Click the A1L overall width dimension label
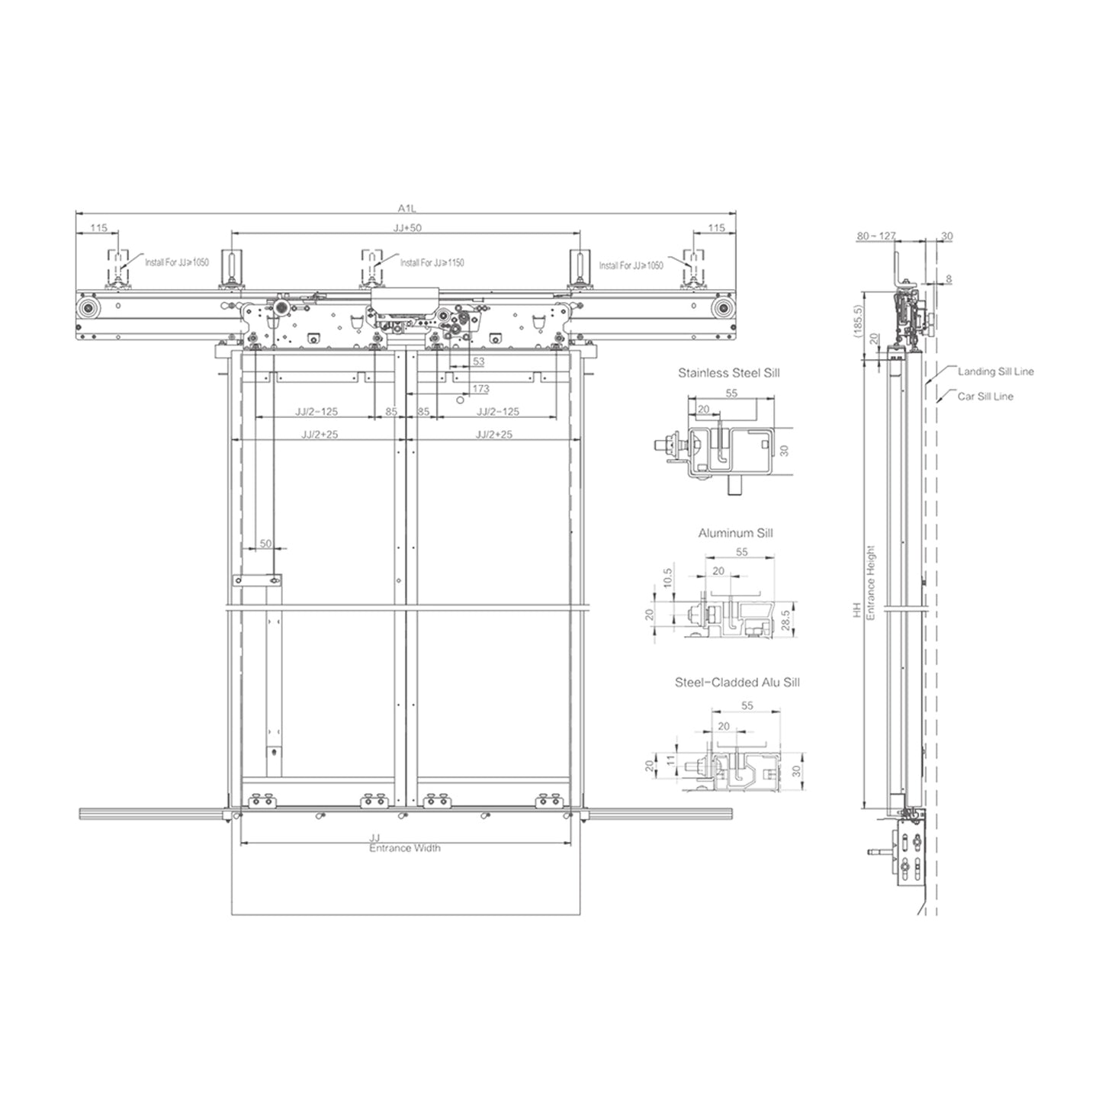point(406,208)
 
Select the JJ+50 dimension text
point(407,227)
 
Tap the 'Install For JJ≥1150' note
point(432,262)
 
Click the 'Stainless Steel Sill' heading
point(728,373)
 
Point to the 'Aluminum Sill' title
point(735,533)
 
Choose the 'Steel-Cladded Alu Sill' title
point(737,683)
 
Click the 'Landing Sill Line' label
point(996,371)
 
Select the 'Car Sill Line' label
point(985,397)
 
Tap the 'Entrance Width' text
point(405,848)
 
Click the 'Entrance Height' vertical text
point(871,583)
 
